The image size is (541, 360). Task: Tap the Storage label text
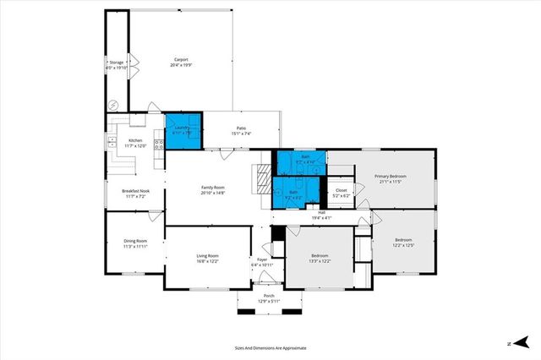point(116,61)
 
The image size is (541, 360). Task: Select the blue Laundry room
point(182,130)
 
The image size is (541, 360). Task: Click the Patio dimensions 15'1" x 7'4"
point(242,134)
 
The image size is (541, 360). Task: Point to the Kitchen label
point(136,140)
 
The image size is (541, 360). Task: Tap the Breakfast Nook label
point(136,190)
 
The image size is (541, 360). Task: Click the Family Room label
point(212,187)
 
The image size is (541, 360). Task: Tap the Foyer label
point(262,259)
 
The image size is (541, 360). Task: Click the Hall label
point(321,212)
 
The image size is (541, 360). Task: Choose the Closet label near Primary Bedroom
point(341,191)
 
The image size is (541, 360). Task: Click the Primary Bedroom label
point(391,176)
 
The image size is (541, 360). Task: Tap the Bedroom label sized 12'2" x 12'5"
point(405,240)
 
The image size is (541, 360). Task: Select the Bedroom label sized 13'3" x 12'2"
point(320,255)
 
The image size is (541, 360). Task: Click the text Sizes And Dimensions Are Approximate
point(270,346)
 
